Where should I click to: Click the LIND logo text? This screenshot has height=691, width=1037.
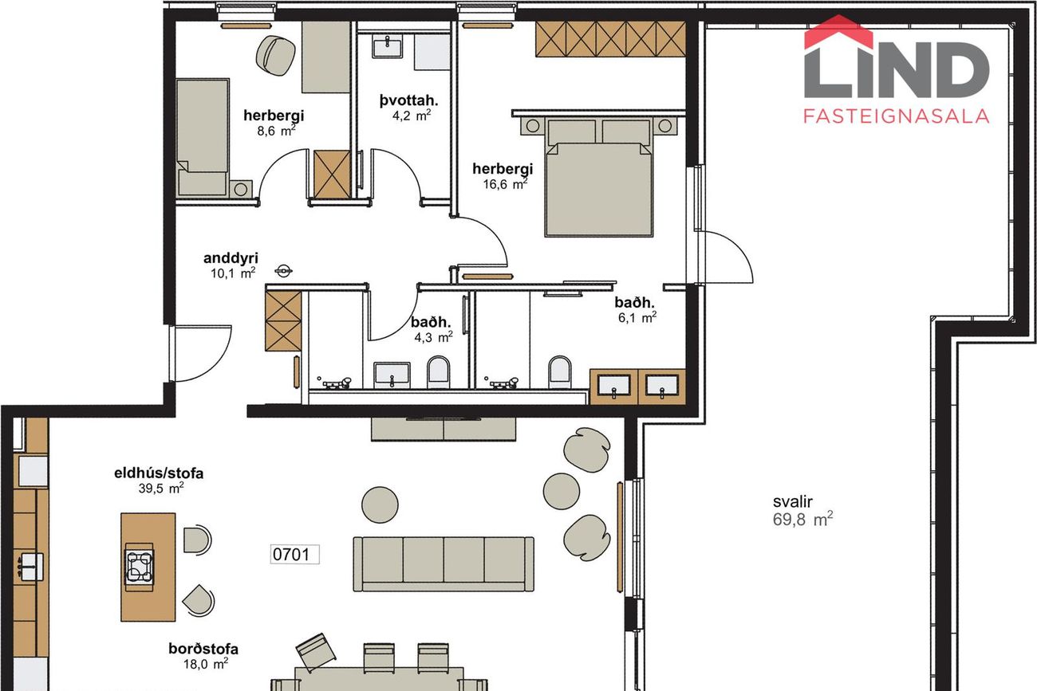897,69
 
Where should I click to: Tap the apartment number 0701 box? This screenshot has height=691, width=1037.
294,554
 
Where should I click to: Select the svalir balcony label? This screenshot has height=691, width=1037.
793,501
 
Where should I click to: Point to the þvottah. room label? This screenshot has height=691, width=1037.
408,100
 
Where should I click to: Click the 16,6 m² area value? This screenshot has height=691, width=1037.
505,184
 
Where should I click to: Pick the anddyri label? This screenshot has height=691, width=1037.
231,258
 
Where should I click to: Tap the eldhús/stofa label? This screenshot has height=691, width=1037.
158,473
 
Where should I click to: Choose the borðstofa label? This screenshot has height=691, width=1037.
203,649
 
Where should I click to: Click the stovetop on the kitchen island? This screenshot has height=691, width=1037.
140,567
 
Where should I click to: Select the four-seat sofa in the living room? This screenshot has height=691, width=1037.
444,564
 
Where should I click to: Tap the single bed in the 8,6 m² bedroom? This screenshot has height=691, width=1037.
203,137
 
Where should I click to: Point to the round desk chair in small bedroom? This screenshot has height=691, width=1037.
276,57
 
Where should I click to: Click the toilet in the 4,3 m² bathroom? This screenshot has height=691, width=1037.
438,372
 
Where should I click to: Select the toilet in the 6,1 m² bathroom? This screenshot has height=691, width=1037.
560,372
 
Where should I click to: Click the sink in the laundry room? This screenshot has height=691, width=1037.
388,47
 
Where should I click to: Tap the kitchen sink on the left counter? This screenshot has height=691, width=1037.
30,567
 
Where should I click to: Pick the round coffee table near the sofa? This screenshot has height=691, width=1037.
380,505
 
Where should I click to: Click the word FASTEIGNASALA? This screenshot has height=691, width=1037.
897,116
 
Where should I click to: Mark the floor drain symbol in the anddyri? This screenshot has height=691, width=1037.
283,271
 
